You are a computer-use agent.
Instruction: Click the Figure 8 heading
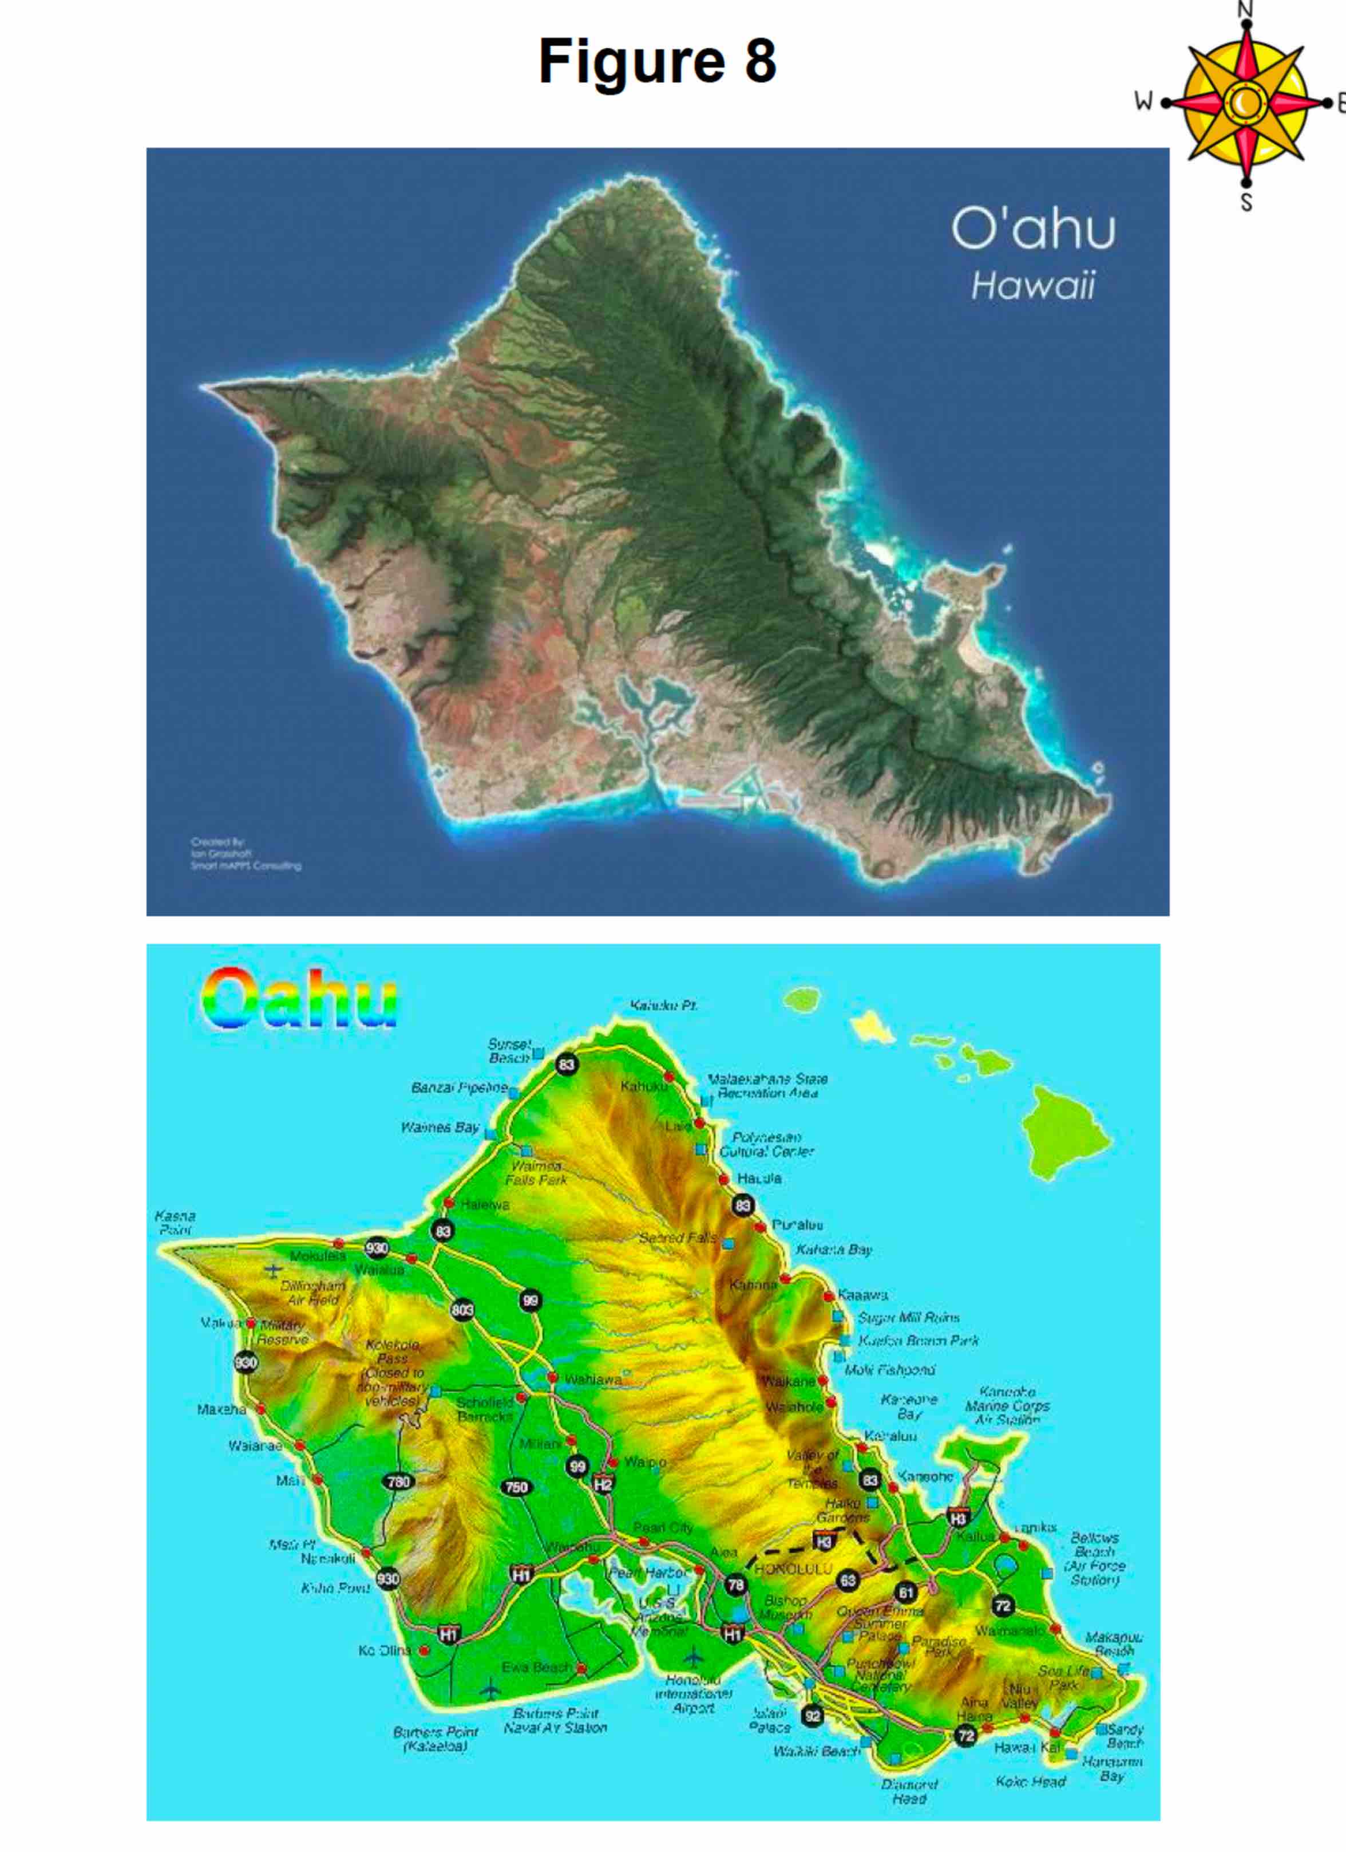pos(657,61)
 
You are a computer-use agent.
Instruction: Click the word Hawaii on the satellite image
pos(1032,286)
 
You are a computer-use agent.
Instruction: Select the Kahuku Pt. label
pos(664,1005)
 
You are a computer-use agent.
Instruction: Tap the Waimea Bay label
pos(439,1127)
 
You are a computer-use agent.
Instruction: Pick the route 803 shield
pos(463,1310)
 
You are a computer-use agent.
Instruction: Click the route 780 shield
pos(398,1481)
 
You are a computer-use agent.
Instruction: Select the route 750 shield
pos(517,1487)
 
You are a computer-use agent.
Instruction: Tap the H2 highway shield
pos(603,1484)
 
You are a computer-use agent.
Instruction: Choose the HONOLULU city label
pos(793,1570)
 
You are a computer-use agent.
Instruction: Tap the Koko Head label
pos(1030,1782)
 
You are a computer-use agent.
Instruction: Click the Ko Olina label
pos(383,1650)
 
